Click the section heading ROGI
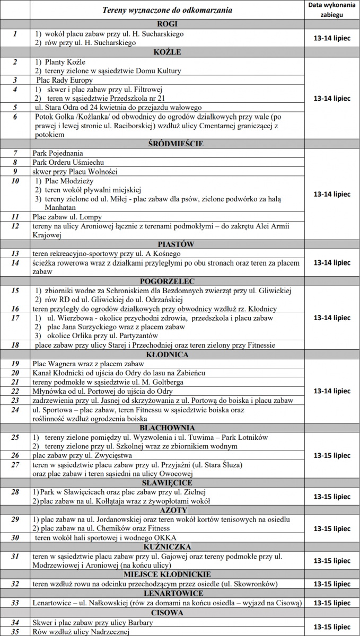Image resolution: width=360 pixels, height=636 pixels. point(168,24)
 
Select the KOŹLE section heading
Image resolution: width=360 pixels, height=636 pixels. point(168,52)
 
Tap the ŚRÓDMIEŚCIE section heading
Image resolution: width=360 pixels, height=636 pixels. point(168,144)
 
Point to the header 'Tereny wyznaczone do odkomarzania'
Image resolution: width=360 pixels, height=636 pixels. point(168,10)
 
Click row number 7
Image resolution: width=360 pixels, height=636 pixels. point(15,153)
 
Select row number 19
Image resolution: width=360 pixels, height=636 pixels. point(15,364)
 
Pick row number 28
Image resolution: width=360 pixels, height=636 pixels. point(15,492)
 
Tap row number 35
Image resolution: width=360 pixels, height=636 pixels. point(15,631)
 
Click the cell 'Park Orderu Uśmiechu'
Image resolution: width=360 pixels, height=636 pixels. point(68,162)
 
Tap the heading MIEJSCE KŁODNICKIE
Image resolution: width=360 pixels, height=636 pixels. point(168,574)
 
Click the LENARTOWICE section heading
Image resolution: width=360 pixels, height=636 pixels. point(168,593)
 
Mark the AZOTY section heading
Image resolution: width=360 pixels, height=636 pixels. point(168,509)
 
